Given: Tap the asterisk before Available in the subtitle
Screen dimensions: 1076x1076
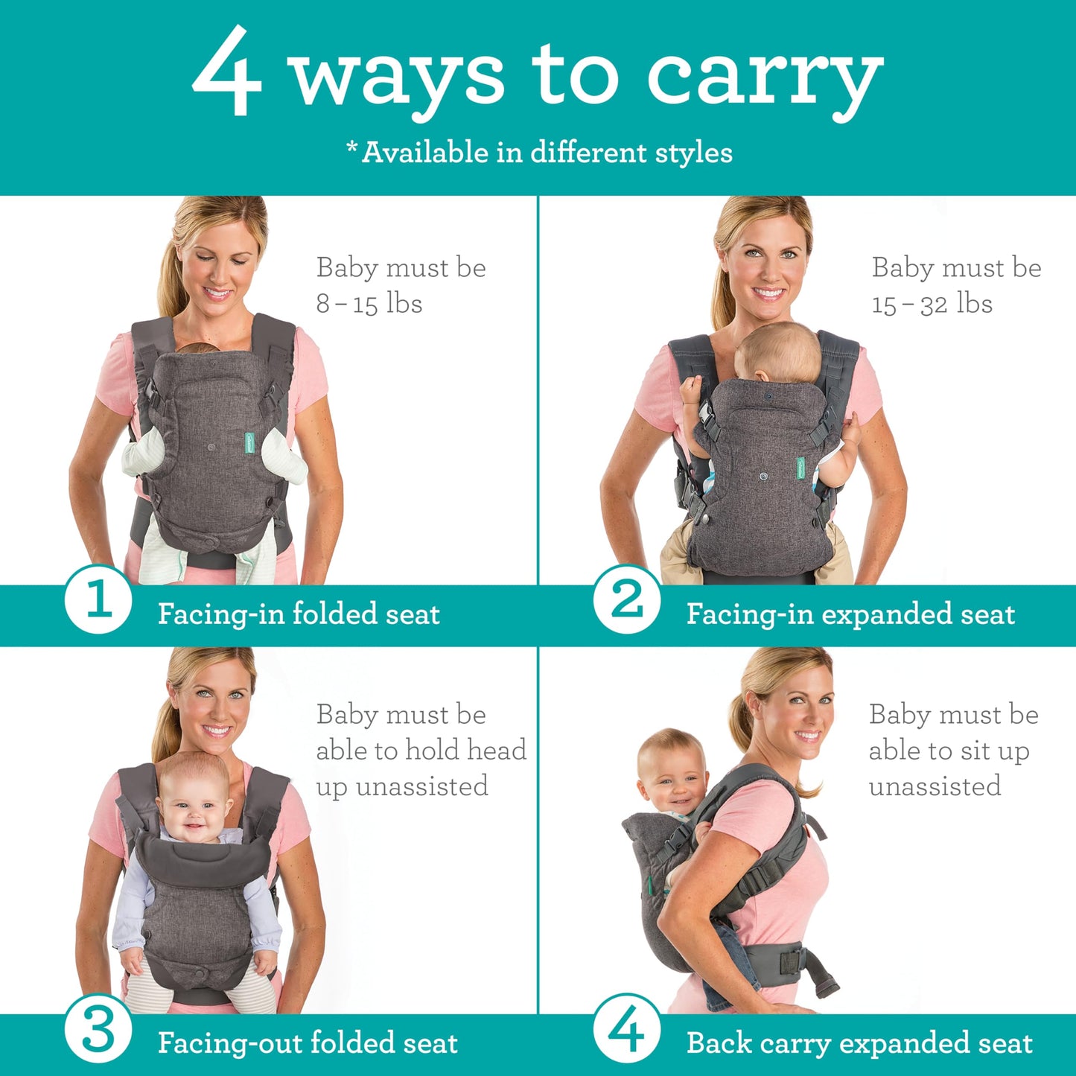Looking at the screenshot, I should click(x=352, y=147).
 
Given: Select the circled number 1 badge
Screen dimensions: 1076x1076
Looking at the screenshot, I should click(x=98, y=599).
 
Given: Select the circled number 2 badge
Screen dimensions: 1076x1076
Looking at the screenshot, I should click(x=627, y=599).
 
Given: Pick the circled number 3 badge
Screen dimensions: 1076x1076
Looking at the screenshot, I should click(x=98, y=1031).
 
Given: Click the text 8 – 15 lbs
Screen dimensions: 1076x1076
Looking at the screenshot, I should click(x=369, y=304).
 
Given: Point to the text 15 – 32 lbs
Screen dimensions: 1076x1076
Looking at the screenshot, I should click(x=932, y=304).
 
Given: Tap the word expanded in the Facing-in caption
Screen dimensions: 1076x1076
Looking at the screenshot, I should click(x=886, y=615).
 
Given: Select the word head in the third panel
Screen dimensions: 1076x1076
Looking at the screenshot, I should click(x=496, y=750).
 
